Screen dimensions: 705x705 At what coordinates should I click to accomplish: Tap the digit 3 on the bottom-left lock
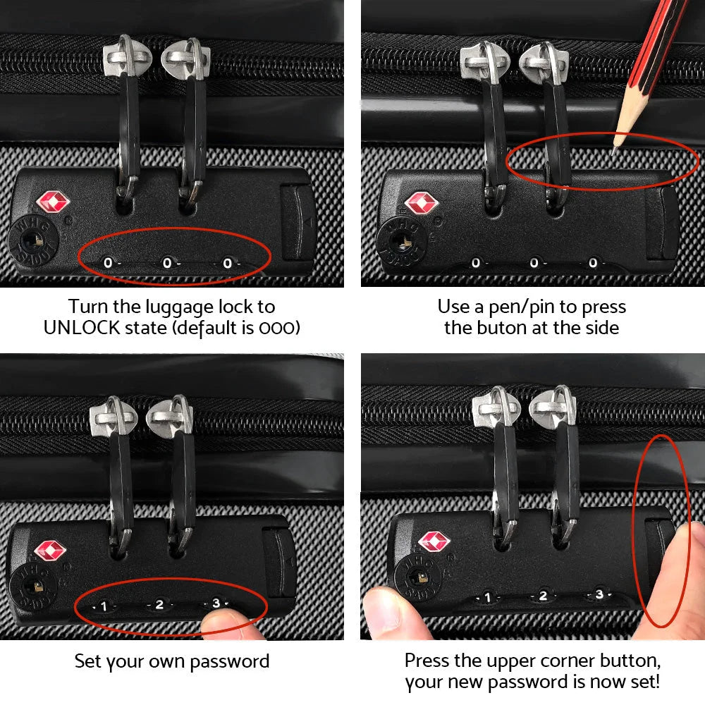(x=216, y=603)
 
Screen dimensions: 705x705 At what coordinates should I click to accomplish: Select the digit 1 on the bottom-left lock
(x=104, y=606)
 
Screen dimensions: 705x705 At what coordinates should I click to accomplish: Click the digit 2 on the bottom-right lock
(x=543, y=596)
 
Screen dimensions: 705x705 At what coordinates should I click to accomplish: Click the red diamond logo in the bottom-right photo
(x=434, y=541)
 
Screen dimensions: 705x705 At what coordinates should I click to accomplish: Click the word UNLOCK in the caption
(x=81, y=328)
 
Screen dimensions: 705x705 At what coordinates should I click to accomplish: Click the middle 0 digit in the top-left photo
(x=168, y=263)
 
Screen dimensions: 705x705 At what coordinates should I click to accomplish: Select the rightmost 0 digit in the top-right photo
(x=593, y=263)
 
